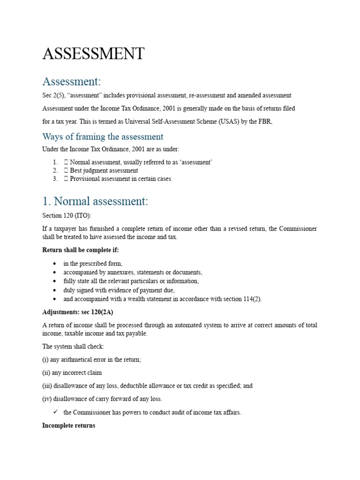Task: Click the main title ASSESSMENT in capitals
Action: click(93, 54)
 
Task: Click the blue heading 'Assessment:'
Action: click(71, 81)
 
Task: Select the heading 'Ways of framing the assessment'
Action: click(103, 136)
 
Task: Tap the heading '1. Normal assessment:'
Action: click(95, 202)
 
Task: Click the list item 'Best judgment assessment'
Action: click(104, 171)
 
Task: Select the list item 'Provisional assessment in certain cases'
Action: click(120, 179)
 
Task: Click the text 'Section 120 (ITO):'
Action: click(67, 216)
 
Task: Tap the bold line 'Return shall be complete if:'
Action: click(80, 250)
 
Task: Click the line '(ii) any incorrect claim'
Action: click(72, 373)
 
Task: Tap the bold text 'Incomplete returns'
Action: click(68, 426)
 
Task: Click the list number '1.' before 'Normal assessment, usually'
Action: click(55, 162)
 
